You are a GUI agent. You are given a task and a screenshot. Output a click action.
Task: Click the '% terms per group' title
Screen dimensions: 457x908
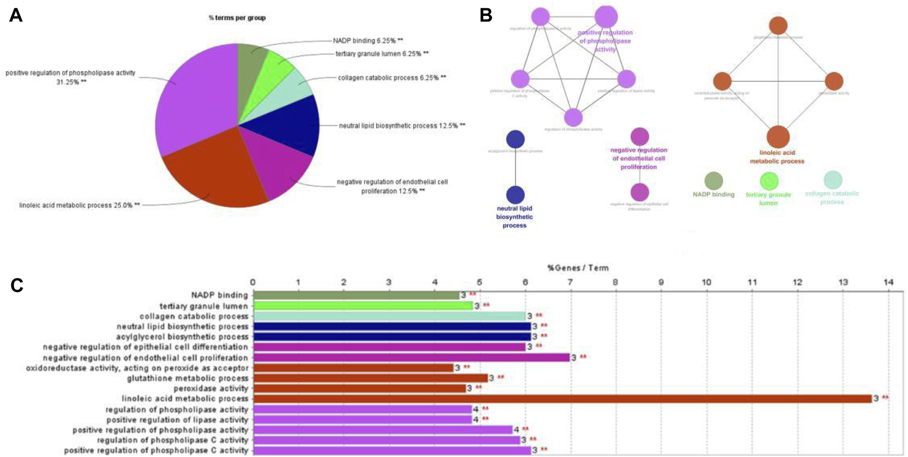pos(237,18)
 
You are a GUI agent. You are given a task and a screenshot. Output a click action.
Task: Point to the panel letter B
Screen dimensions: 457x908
pos(486,15)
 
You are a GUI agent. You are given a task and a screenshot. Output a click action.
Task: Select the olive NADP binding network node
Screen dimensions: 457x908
pos(713,181)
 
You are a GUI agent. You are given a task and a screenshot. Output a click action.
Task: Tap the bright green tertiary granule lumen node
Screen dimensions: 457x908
pos(769,181)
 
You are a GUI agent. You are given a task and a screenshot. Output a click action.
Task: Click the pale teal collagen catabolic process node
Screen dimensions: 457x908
pos(833,180)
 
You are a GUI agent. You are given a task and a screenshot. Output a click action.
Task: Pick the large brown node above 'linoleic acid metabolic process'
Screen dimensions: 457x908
pos(778,137)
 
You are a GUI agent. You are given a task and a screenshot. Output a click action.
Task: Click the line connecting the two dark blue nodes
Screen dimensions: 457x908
pos(515,167)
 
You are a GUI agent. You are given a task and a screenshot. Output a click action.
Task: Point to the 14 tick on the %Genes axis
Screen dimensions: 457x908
pos(888,282)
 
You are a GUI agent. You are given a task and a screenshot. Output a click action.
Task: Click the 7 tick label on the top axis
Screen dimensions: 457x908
pos(570,282)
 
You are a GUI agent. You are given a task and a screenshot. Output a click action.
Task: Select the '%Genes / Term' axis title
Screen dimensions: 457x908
pos(577,268)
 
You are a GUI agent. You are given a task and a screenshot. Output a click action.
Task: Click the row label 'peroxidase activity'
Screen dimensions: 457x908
pos(211,388)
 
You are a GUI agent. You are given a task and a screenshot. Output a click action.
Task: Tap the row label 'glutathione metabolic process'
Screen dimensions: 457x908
pos(188,378)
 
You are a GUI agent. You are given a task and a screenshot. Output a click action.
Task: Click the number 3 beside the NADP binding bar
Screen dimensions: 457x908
pos(463,295)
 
